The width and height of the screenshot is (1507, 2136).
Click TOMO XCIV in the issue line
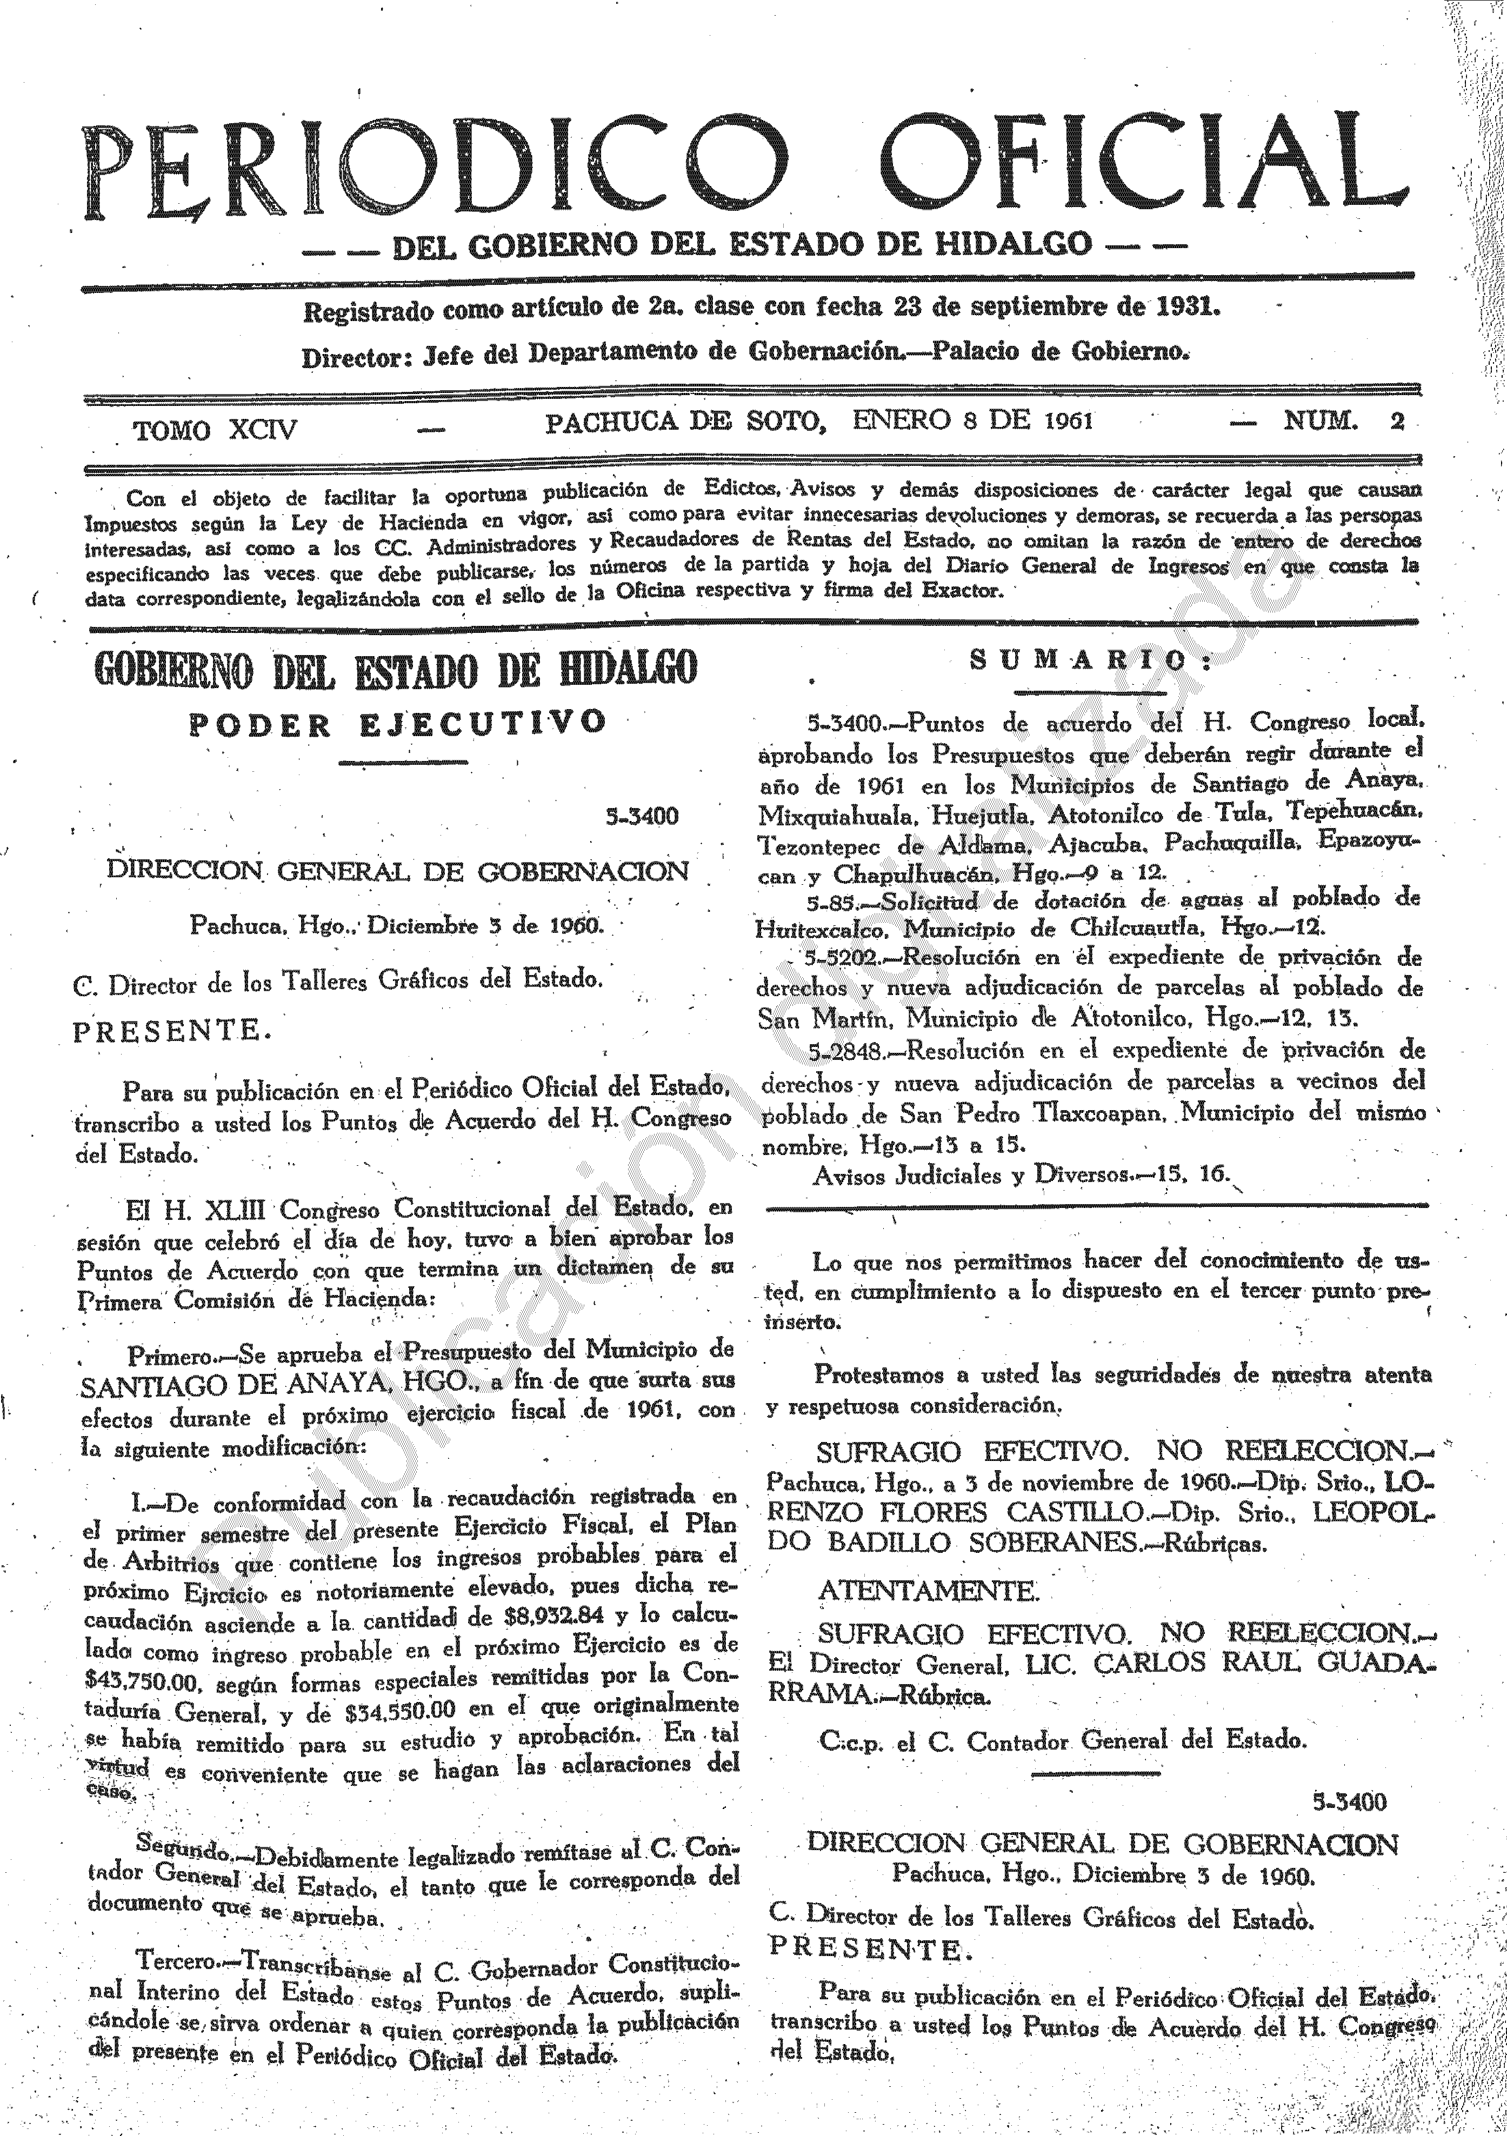point(215,431)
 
